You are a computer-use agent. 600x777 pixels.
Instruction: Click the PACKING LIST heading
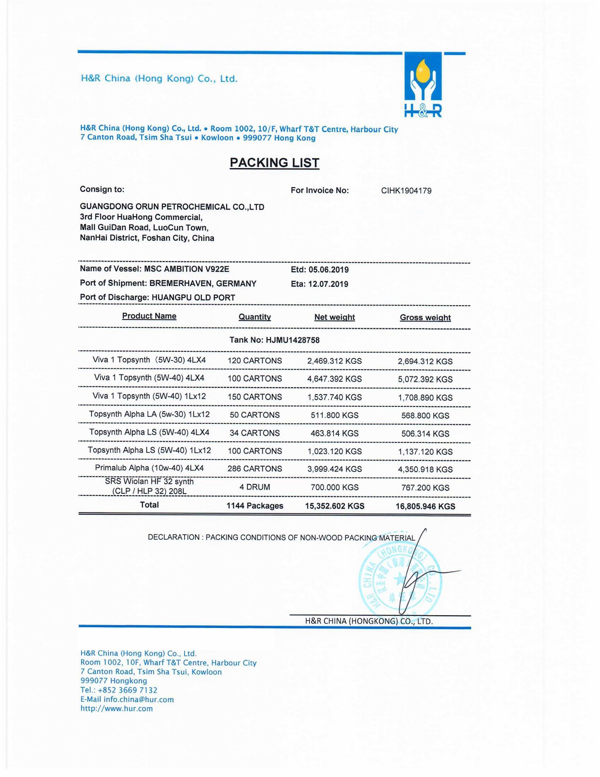click(x=274, y=163)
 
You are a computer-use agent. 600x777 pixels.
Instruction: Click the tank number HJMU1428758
click(x=292, y=340)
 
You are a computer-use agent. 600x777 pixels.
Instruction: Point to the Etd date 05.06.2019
click(x=328, y=270)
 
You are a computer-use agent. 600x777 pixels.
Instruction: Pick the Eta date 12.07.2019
click(x=328, y=284)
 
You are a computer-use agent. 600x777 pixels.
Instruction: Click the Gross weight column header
click(x=425, y=317)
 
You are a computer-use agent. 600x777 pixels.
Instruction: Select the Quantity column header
click(x=255, y=317)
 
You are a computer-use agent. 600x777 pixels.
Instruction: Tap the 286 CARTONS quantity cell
click(x=255, y=469)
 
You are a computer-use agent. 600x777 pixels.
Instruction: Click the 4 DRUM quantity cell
click(x=255, y=487)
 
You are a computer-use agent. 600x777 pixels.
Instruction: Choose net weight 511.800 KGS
click(x=335, y=415)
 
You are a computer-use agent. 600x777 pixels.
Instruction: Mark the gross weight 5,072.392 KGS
click(x=425, y=379)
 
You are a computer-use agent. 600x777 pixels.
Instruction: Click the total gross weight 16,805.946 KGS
click(x=425, y=506)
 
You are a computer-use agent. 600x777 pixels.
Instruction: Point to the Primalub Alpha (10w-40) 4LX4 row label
click(x=149, y=468)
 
